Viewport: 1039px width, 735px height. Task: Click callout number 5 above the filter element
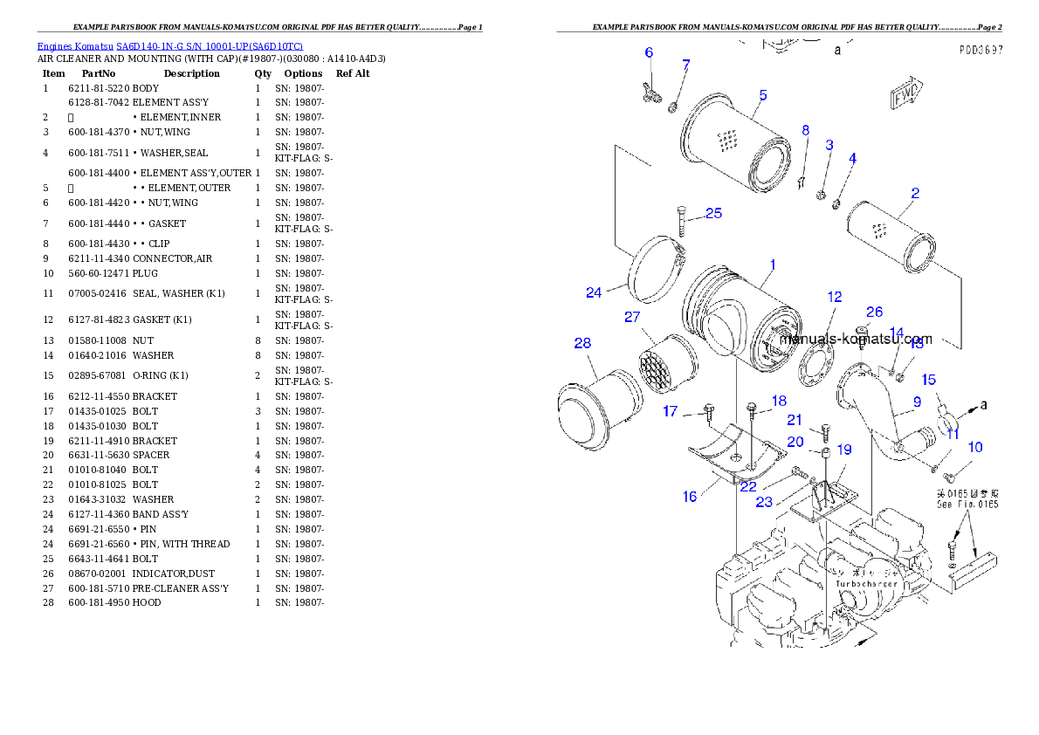pos(762,95)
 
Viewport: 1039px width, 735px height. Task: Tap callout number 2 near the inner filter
pos(914,194)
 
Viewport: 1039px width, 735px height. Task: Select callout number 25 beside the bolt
pos(713,213)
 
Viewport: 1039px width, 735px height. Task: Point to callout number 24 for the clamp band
pos(594,292)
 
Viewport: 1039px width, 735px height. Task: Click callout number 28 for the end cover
pos(582,344)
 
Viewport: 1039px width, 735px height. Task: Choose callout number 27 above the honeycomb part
pos(632,317)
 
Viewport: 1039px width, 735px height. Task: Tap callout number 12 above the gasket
pos(835,298)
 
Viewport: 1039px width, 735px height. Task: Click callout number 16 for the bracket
pos(690,497)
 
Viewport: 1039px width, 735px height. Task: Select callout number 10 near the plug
pos(975,447)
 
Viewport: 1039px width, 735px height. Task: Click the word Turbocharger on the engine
pos(866,584)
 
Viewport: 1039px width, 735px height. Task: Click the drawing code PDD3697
pos(980,51)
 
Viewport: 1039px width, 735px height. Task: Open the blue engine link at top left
pos(169,46)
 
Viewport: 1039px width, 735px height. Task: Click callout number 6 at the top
pos(649,52)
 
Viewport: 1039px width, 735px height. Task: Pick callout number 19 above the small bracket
pos(844,450)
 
